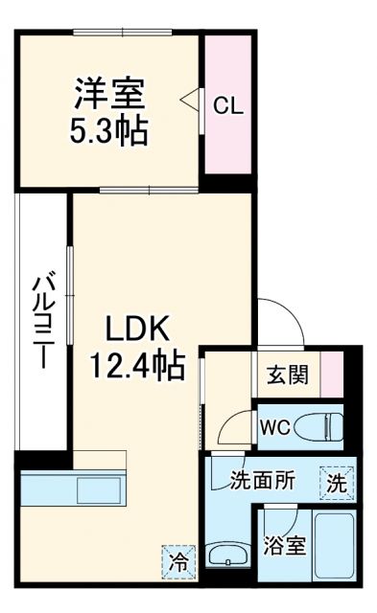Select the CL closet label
[x=227, y=105]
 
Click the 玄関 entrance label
[x=287, y=374]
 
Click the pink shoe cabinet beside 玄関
[x=331, y=373]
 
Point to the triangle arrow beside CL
[x=189, y=99]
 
